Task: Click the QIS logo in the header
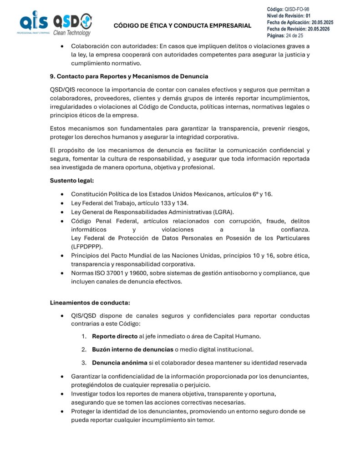click(x=34, y=23)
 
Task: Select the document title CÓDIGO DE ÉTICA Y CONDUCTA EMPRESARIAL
click(x=182, y=25)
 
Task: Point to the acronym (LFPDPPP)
click(x=86, y=246)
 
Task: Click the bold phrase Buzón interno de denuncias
click(x=132, y=349)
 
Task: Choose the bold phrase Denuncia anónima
click(x=120, y=363)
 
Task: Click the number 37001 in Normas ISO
click(x=116, y=273)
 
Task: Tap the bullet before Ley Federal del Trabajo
click(x=61, y=203)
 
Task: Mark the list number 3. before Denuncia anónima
click(x=84, y=363)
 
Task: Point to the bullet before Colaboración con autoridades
click(x=61, y=46)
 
